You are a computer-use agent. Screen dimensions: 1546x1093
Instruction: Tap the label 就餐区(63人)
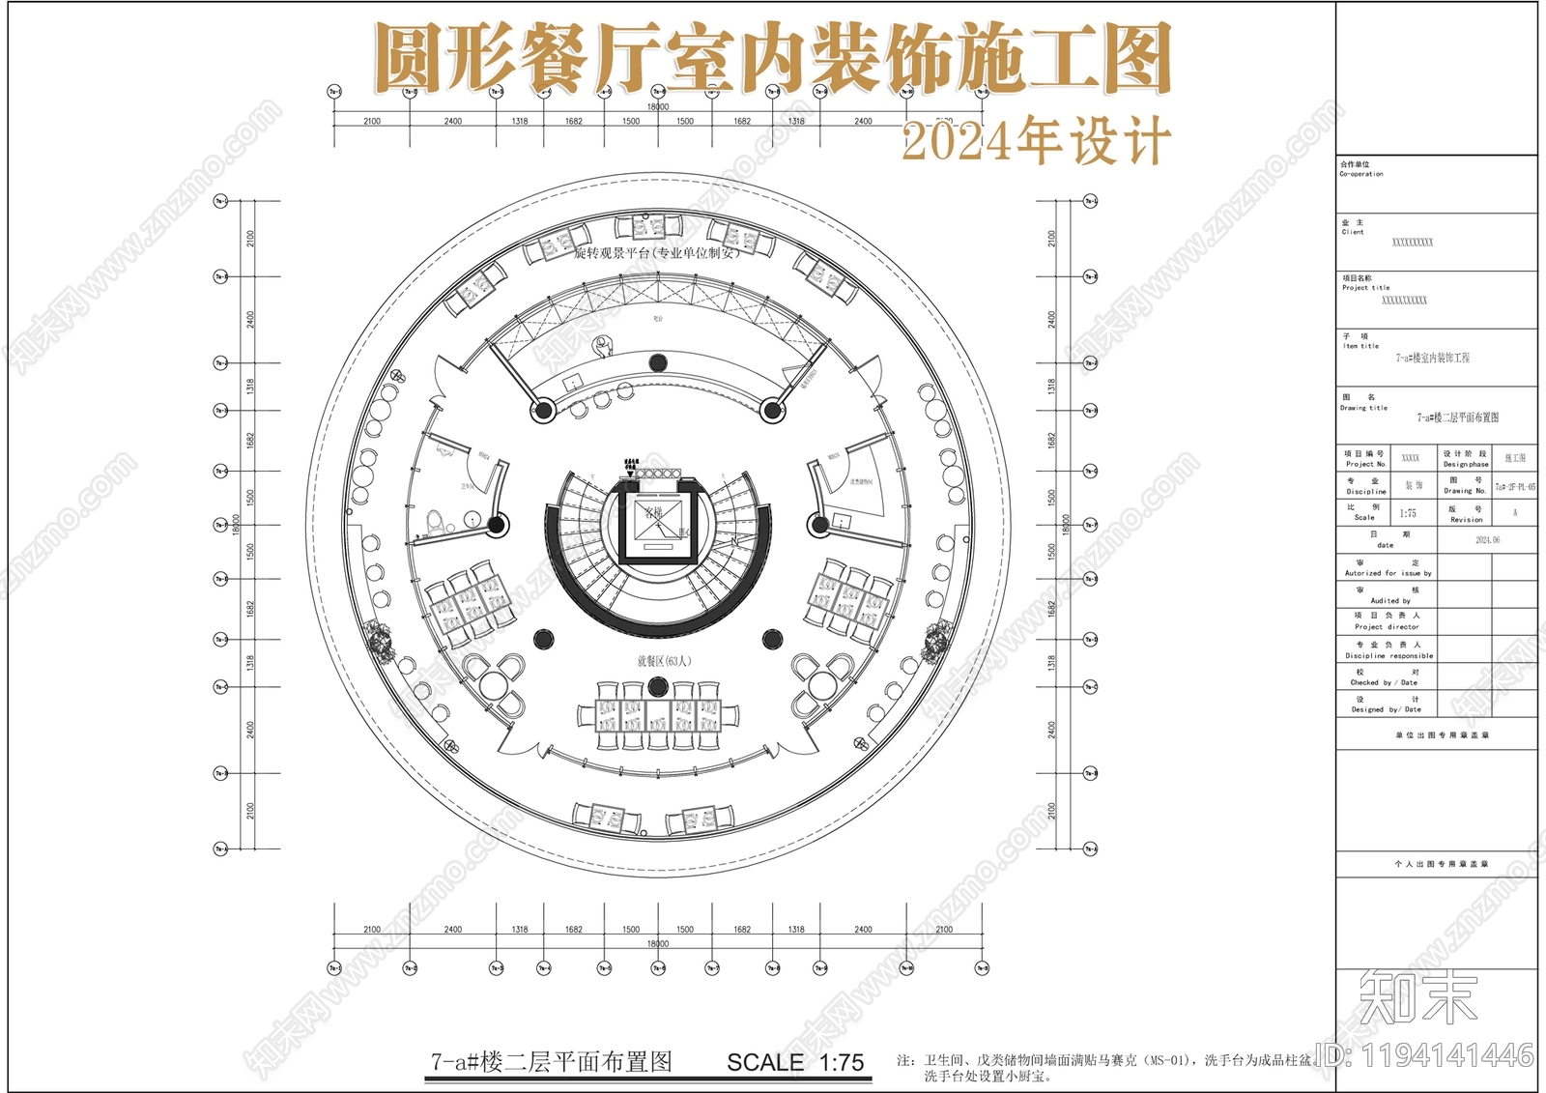pyautogui.click(x=664, y=661)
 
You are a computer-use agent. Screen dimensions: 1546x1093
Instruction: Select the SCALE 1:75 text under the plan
pyautogui.click(x=795, y=1063)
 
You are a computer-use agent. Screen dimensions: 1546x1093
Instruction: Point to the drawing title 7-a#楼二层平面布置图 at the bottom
pyautogui.click(x=551, y=1062)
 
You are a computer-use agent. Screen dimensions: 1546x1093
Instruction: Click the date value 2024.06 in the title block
pyautogui.click(x=1487, y=540)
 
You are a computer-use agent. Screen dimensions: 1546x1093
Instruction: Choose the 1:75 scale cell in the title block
pyautogui.click(x=1408, y=513)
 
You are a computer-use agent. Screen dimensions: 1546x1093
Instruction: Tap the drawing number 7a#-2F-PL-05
pyautogui.click(x=1514, y=487)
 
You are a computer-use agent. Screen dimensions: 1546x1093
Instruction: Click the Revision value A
pyautogui.click(x=1515, y=513)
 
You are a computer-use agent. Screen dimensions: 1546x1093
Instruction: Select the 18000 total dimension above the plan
pyautogui.click(x=658, y=107)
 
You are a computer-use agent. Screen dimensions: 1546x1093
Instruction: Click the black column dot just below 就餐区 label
pyautogui.click(x=658, y=686)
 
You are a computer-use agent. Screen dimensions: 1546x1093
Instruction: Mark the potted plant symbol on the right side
pyautogui.click(x=935, y=640)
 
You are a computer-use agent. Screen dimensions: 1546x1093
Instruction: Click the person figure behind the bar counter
pyautogui.click(x=604, y=345)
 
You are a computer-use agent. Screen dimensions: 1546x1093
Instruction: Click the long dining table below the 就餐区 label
pyautogui.click(x=658, y=716)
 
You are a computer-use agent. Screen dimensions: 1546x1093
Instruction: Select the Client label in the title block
pyautogui.click(x=1353, y=232)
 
